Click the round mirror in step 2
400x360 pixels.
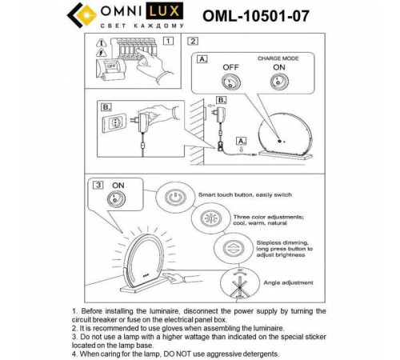(x=284, y=131)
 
